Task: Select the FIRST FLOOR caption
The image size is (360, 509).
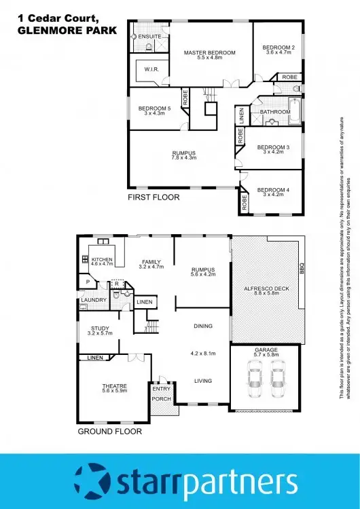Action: point(154,197)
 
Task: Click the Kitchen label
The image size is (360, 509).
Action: point(102,259)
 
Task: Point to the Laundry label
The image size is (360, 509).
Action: point(92,299)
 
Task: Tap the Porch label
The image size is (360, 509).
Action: point(162,398)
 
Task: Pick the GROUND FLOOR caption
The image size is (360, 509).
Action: point(109,431)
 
